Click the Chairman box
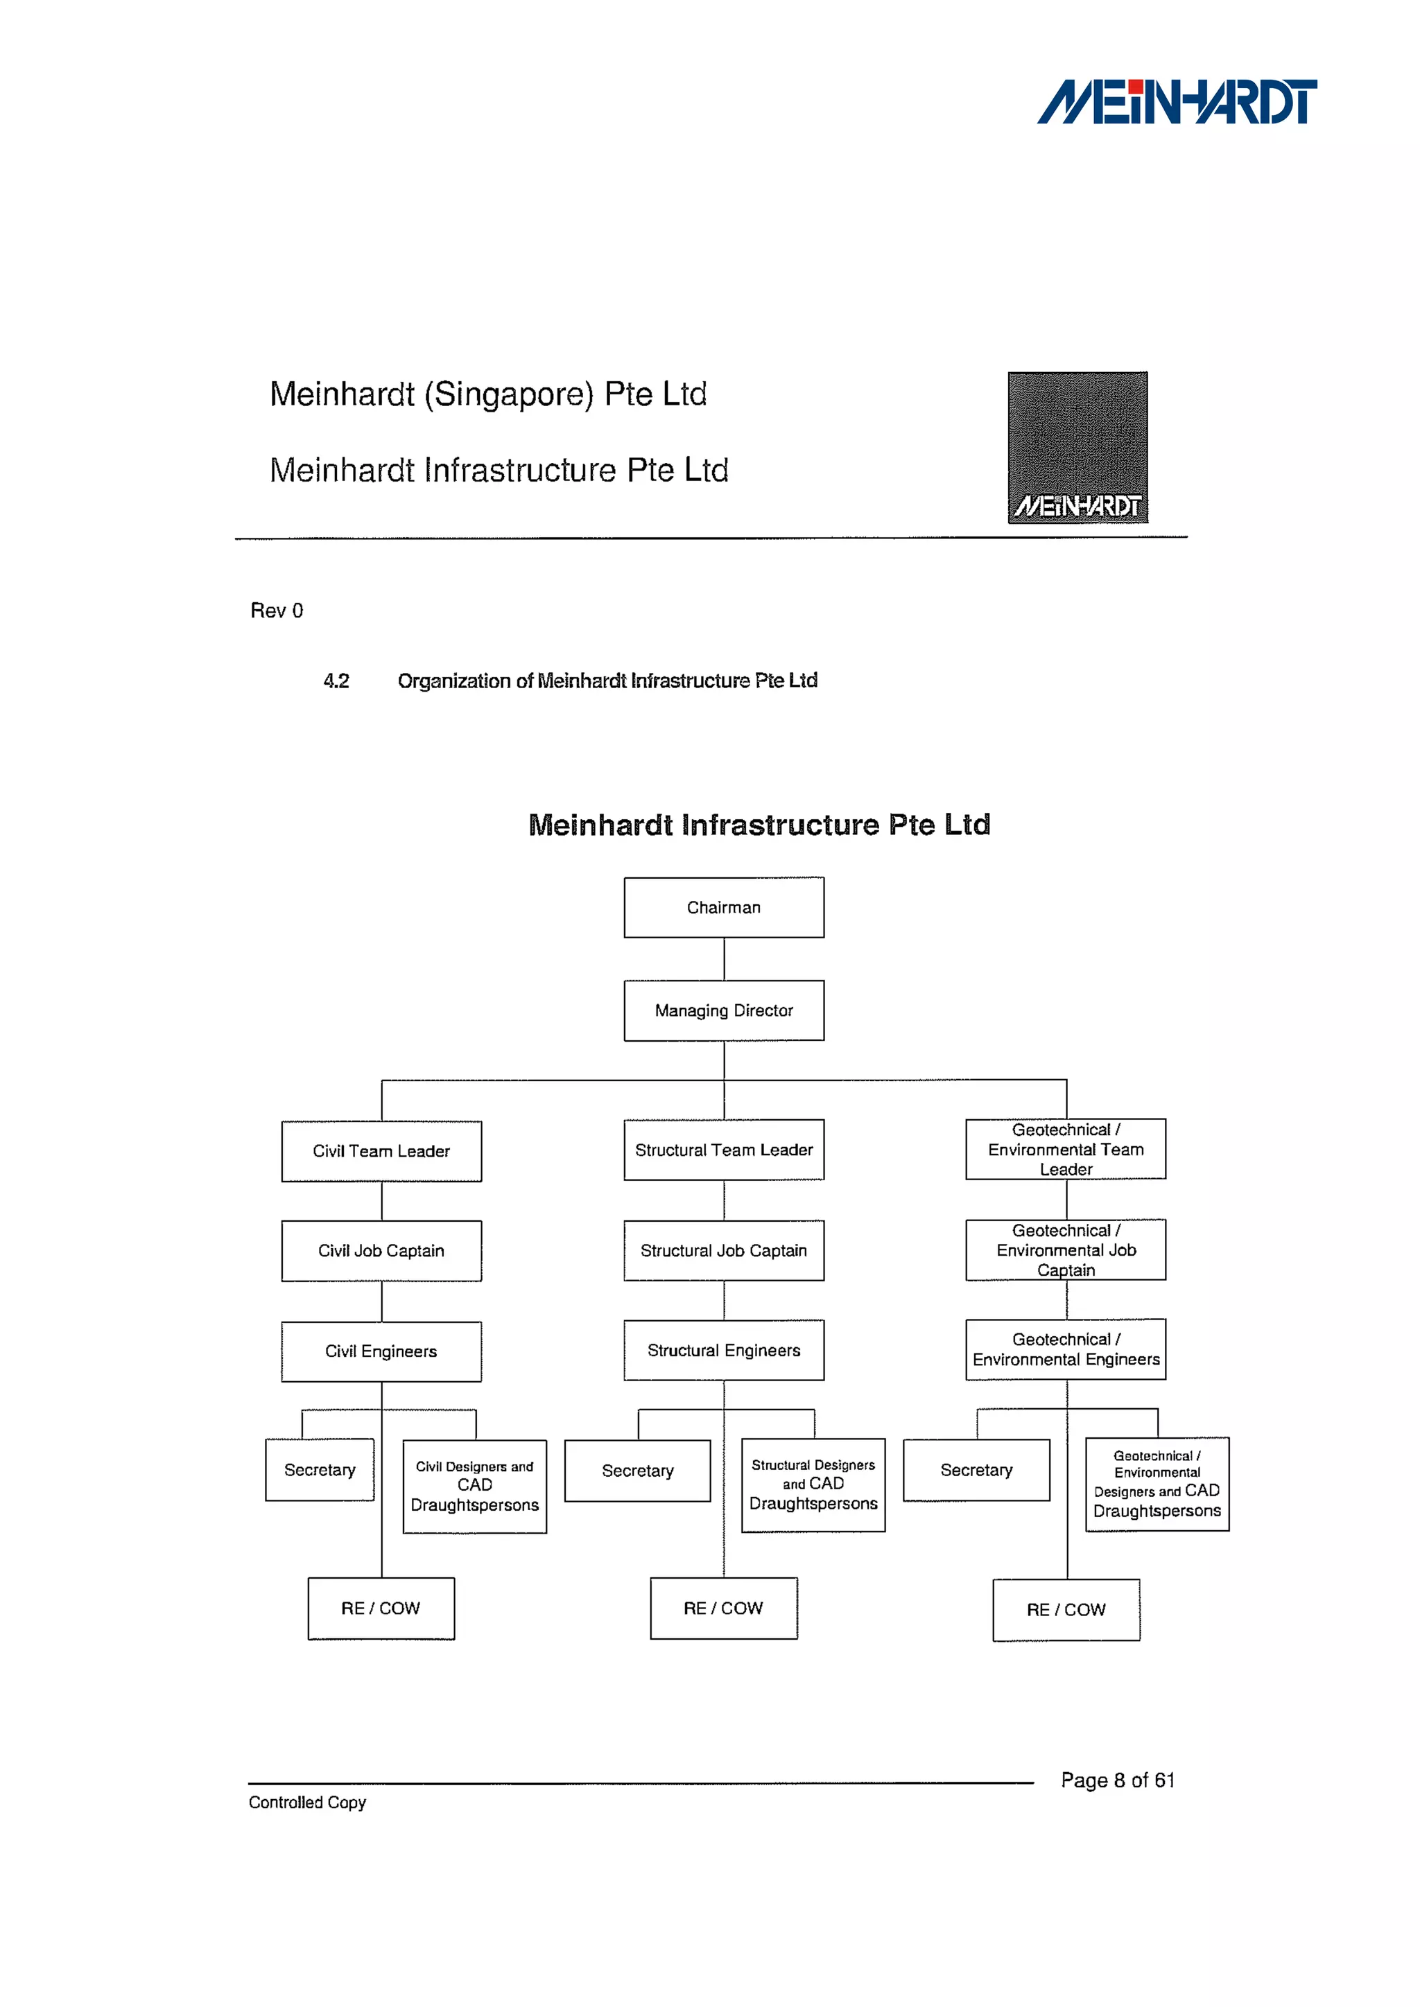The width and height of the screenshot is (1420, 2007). pos(723,907)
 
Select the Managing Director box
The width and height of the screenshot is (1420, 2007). pos(723,1010)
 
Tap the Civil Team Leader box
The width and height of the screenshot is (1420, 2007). pos(381,1151)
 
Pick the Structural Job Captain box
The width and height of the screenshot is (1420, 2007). pos(723,1250)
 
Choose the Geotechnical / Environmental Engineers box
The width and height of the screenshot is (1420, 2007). pos(1066,1349)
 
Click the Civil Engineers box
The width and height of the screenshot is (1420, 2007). pos(381,1351)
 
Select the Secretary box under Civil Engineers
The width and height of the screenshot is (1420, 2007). pos(320,1471)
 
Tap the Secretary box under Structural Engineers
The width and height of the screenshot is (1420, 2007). pos(637,1471)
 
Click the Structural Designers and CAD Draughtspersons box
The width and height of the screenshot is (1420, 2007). pos(813,1484)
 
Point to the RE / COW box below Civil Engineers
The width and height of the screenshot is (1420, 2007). pos(381,1609)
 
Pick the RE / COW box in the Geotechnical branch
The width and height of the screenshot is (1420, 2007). pos(1066,1609)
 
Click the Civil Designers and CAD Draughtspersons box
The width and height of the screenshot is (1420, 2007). pos(475,1486)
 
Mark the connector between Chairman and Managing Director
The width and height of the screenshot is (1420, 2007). pos(724,959)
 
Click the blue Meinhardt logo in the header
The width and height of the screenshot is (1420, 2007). pos(1177,103)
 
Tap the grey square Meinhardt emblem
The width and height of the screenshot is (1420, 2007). pos(1077,447)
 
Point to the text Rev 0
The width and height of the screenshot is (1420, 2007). pos(277,610)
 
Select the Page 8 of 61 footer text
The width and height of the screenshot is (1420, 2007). pos(1118,1780)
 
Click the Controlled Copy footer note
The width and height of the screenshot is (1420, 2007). pos(307,1803)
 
